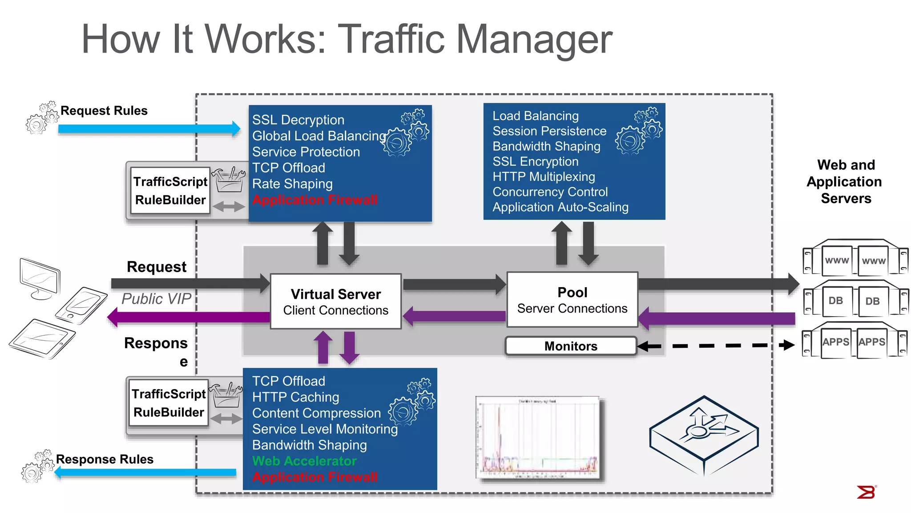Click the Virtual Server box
tap(336, 301)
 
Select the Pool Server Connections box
tap(572, 300)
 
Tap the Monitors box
tap(571, 346)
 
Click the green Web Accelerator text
tap(304, 461)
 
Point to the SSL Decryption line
tap(298, 120)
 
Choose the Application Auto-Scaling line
tap(560, 207)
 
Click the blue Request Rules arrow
tap(149, 129)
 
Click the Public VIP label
tap(156, 299)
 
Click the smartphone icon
tap(81, 305)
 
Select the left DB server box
tap(835, 301)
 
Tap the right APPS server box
tap(871, 342)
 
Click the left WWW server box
tap(837, 261)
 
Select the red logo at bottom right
tap(866, 492)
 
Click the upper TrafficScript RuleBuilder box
tap(171, 191)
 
